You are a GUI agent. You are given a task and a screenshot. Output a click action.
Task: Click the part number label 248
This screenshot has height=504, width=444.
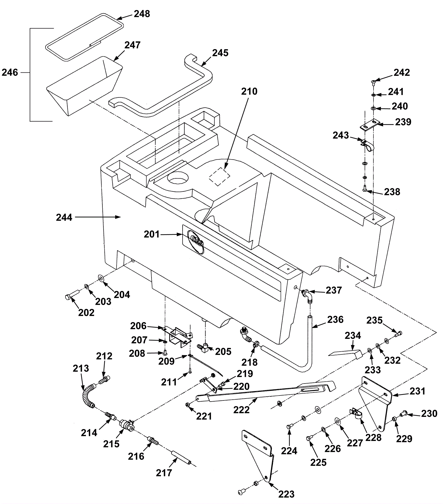(x=142, y=14)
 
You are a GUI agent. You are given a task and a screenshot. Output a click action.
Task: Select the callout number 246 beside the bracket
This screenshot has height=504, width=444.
(x=10, y=72)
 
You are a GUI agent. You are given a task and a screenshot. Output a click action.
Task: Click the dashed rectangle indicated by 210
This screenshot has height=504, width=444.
(x=220, y=177)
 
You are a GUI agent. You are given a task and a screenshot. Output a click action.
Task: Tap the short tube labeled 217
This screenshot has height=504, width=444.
(x=181, y=460)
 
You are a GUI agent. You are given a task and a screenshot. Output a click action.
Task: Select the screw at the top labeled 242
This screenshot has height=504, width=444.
(x=373, y=82)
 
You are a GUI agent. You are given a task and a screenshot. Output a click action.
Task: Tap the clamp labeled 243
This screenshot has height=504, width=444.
(x=368, y=145)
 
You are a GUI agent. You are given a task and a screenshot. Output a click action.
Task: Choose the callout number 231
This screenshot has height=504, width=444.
(x=417, y=391)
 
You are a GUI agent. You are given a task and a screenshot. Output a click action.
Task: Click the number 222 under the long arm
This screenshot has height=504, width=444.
(x=241, y=410)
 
